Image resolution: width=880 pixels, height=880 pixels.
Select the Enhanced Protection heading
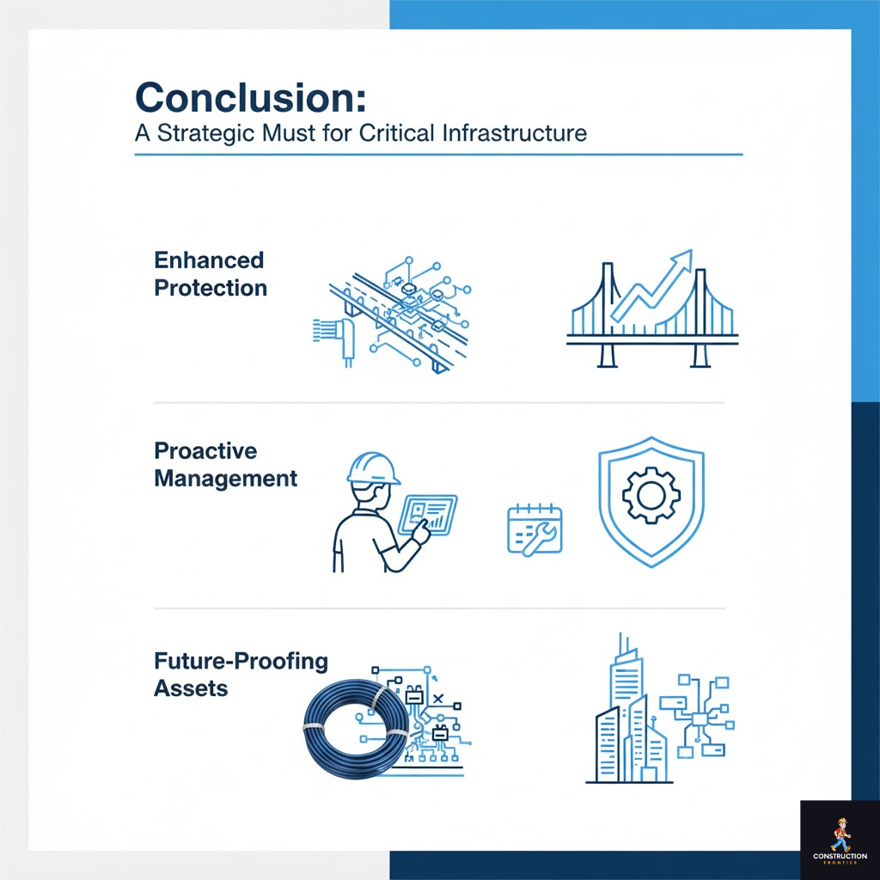pos(210,274)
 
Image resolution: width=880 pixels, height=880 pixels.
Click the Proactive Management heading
pos(225,465)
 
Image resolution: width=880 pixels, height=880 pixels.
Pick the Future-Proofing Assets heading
pos(241,675)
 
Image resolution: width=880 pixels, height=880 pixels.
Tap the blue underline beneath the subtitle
pos(438,155)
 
